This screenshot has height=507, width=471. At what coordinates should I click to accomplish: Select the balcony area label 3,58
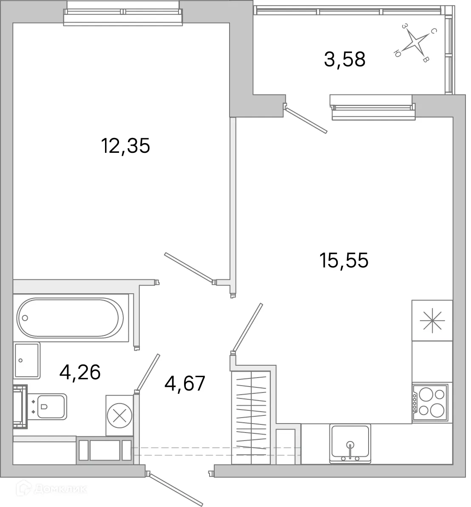click(x=344, y=59)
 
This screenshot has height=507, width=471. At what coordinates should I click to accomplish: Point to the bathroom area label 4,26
click(x=80, y=372)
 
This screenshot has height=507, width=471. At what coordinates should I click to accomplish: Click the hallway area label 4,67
click(x=185, y=383)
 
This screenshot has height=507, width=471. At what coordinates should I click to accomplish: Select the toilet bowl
click(x=51, y=407)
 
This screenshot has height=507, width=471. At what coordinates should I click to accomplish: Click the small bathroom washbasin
click(x=27, y=360)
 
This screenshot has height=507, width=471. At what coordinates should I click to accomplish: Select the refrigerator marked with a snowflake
click(x=432, y=320)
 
